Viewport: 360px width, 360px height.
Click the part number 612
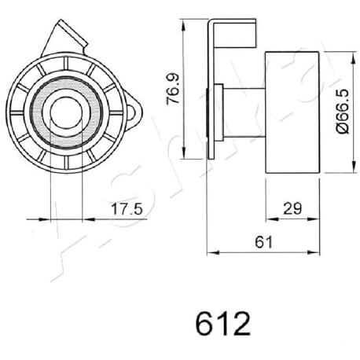(223, 323)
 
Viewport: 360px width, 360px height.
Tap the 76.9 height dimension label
(173, 89)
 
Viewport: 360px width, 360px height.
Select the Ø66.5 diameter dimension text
(343, 112)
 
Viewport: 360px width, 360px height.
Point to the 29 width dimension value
(292, 209)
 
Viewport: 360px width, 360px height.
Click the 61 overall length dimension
(264, 242)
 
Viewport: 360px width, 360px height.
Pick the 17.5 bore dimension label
(127, 209)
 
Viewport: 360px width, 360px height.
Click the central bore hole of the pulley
(66, 112)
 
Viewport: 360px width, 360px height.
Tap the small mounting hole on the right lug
(134, 113)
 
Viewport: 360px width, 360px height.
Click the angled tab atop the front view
(64, 39)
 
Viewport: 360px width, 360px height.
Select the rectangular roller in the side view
(292, 112)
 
